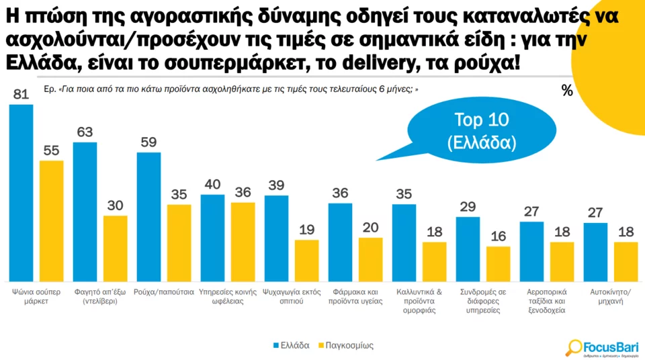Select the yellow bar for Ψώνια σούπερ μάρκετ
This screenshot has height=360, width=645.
pos(51,221)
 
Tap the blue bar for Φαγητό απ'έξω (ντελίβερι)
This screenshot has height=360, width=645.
pos(85,212)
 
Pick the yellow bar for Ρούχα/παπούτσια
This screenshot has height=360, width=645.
pos(179,243)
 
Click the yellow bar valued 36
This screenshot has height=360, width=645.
pos(243,242)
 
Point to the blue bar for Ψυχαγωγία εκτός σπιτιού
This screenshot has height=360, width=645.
pos(276,238)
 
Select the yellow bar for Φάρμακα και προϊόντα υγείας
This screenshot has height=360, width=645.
pos(370,260)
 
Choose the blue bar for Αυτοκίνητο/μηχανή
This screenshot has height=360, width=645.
pos(595,253)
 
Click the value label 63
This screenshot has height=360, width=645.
pos(85,132)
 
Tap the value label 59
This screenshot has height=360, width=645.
pos(148,142)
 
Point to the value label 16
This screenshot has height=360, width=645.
pos(498,236)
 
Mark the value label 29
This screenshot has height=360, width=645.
pos(468,207)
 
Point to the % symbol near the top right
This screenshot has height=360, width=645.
pos(567,91)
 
